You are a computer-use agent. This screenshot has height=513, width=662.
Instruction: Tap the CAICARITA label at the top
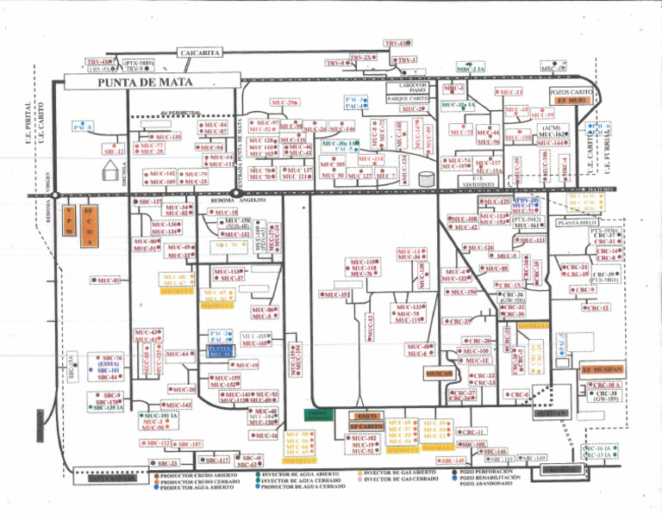click(x=202, y=53)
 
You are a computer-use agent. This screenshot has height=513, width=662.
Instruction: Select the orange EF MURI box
click(x=571, y=101)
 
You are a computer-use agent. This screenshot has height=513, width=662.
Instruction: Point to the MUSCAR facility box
click(x=439, y=374)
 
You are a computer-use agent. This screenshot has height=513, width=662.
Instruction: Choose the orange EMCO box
click(x=365, y=416)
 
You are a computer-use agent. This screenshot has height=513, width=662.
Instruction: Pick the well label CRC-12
click(x=595, y=308)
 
